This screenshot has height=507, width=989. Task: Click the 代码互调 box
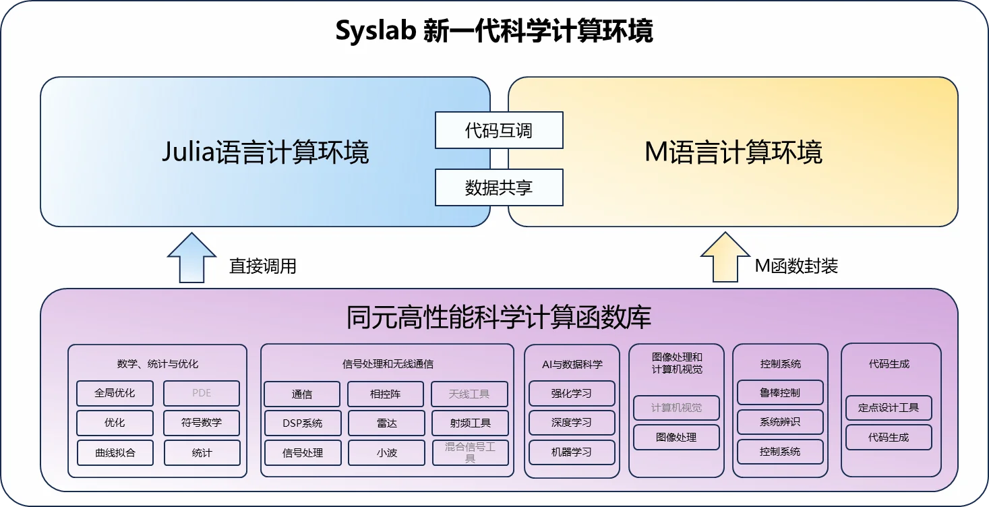[499, 130]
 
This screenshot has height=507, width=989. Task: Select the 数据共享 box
[499, 187]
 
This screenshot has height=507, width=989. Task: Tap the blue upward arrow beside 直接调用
[191, 258]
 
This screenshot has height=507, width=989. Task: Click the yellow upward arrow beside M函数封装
[725, 257]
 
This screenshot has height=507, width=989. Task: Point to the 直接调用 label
[263, 266]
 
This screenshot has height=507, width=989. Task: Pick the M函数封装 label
[796, 266]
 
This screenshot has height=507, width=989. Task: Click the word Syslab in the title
[376, 31]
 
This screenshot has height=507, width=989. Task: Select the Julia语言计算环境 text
[266, 152]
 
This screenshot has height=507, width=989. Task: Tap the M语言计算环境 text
[733, 152]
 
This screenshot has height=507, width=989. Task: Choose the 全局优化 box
[115, 393]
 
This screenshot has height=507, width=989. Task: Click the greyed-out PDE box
[202, 393]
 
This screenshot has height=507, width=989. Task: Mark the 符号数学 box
[202, 423]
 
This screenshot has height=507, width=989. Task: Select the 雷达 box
[386, 423]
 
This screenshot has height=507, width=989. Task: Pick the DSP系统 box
[303, 423]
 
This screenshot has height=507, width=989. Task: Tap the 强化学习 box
[572, 393]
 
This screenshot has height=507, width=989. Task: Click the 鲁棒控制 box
[780, 392]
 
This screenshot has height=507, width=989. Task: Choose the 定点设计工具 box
[889, 408]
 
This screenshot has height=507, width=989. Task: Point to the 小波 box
[386, 452]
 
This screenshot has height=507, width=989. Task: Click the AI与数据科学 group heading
[572, 364]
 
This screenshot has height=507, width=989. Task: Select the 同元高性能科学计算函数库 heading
[499, 317]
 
